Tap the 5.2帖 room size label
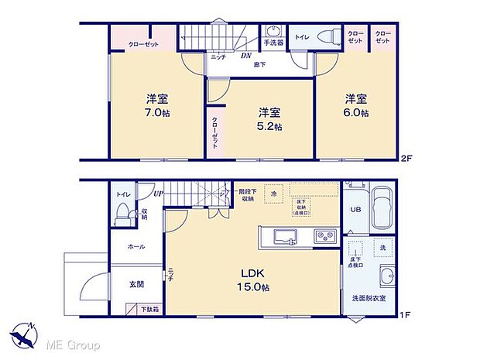coord(270,125)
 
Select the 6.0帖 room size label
coord(356,113)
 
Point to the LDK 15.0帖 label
coord(252,281)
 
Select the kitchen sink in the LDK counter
coord(283,235)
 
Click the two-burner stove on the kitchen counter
coord(323,235)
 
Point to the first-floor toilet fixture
coord(122,218)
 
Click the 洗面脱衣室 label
coord(369,298)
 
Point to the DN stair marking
coord(245,56)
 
